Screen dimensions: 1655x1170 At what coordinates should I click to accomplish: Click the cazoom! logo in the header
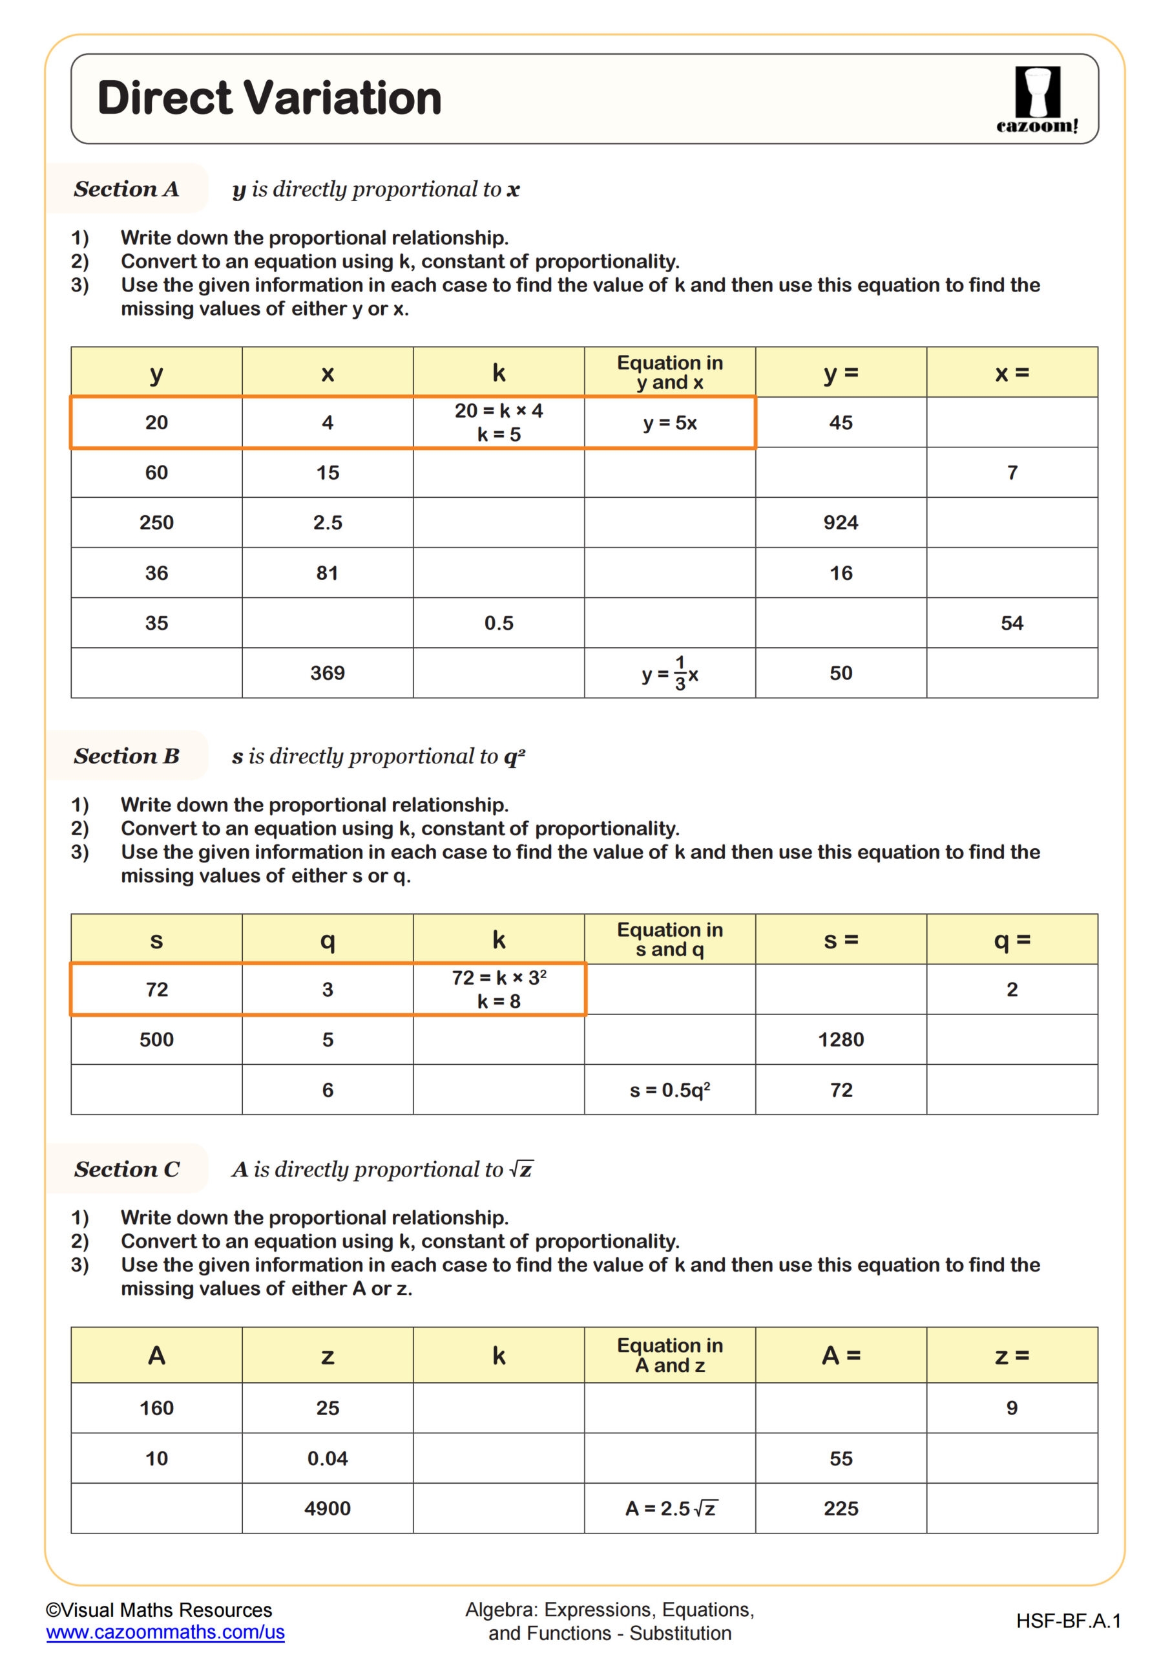[x=1037, y=100]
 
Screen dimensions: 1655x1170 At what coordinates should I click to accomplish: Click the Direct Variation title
[x=269, y=98]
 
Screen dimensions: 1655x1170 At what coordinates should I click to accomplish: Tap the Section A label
[x=126, y=189]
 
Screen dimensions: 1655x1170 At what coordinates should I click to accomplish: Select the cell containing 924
[x=840, y=522]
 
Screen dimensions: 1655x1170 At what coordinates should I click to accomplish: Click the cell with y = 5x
[x=669, y=422]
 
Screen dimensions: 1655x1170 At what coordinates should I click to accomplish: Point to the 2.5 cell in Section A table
[x=327, y=522]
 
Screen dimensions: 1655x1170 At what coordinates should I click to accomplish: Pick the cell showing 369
[x=327, y=672]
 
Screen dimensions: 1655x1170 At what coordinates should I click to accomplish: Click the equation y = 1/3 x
[x=669, y=673]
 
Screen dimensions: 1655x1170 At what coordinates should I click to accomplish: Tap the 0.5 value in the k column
[x=499, y=623]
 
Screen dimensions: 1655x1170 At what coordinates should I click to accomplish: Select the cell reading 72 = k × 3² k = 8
[x=499, y=989]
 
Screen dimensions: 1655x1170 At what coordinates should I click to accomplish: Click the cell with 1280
[x=840, y=1040]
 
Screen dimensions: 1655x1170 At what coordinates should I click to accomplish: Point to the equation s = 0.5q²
[x=669, y=1090]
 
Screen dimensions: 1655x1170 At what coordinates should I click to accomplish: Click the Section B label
[x=126, y=756]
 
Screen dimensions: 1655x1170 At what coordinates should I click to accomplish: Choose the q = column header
[x=1012, y=939]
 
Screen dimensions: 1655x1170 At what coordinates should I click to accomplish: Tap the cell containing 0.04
[x=327, y=1458]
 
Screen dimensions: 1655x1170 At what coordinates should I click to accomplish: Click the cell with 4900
[x=327, y=1508]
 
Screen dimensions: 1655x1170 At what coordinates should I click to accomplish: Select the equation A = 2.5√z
[x=669, y=1508]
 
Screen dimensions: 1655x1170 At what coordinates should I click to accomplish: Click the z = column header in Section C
[x=1012, y=1355]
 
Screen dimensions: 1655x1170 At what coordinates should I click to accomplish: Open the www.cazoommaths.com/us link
[x=165, y=1632]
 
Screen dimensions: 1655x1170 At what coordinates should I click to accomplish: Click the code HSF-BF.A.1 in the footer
[x=1068, y=1621]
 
